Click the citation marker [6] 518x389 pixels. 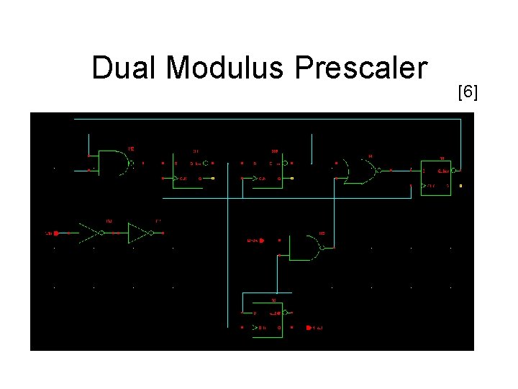[468, 92]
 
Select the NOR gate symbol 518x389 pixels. [359, 170]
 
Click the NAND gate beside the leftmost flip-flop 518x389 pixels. [113, 164]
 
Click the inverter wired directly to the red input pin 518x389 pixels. [91, 233]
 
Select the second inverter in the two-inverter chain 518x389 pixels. [138, 233]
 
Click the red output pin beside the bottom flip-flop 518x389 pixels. [309, 328]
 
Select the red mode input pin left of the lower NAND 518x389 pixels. [262, 241]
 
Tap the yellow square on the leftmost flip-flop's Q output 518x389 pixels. [213, 178]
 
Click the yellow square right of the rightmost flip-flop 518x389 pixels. [460, 186]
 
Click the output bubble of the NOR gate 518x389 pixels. [377, 171]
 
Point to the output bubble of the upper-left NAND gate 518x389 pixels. [131, 164]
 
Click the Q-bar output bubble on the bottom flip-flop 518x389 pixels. [286, 313]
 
